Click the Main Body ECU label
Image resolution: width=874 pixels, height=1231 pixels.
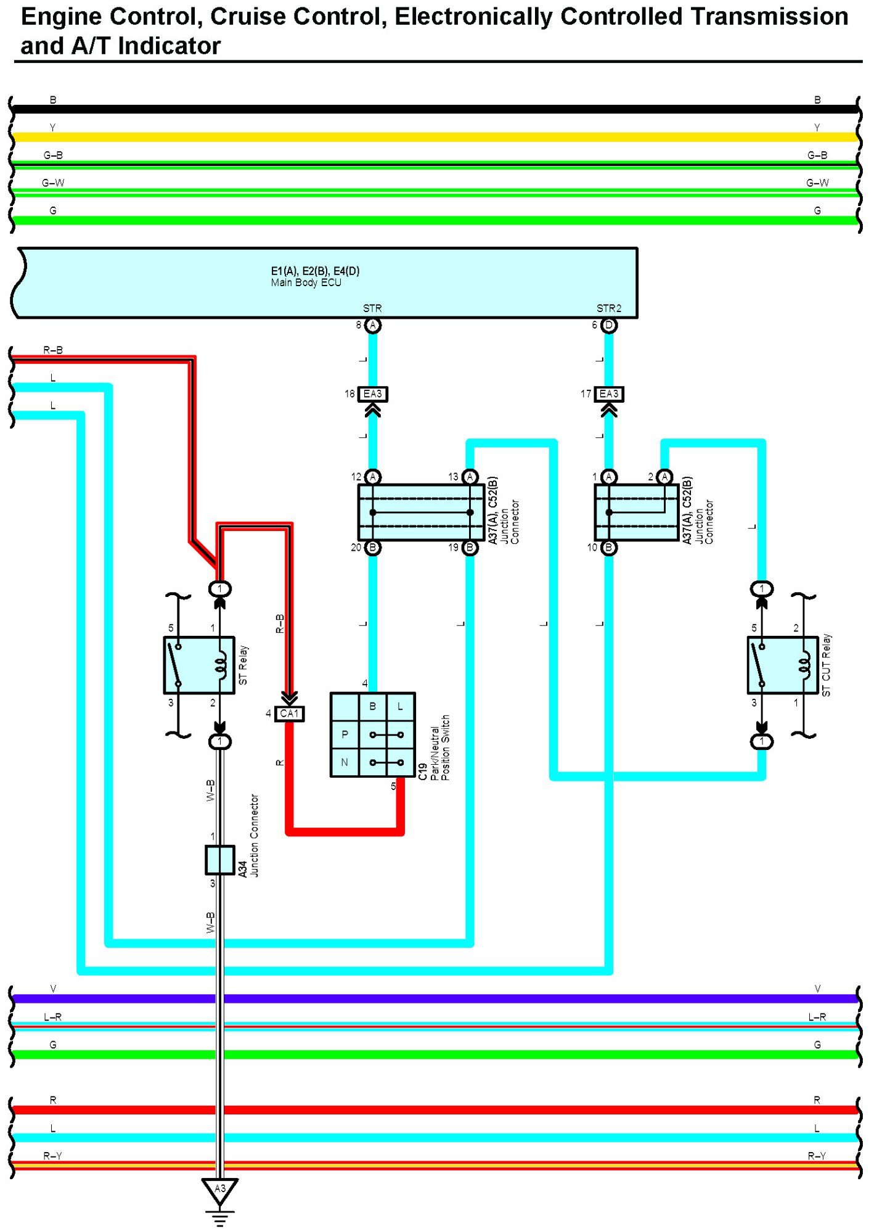pyautogui.click(x=306, y=282)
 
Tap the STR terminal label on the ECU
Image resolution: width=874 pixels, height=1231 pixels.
pyautogui.click(x=372, y=308)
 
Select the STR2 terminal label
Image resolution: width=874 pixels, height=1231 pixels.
pyautogui.click(x=609, y=308)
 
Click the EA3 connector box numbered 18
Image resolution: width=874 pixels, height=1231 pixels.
pyautogui.click(x=373, y=393)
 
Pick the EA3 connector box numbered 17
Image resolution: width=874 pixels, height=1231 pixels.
pyautogui.click(x=609, y=393)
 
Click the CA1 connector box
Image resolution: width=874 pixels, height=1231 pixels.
pyautogui.click(x=290, y=714)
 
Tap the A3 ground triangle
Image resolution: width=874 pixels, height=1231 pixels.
pyautogui.click(x=220, y=1192)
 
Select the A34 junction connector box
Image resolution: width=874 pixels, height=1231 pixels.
pyautogui.click(x=220, y=860)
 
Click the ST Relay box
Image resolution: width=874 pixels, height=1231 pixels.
pyautogui.click(x=199, y=665)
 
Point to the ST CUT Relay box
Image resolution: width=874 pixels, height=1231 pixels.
pyautogui.click(x=783, y=665)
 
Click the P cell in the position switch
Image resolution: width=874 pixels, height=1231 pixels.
pyautogui.click(x=345, y=735)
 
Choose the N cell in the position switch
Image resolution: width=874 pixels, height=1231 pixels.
pyautogui.click(x=345, y=762)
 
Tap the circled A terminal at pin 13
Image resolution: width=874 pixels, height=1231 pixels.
pyautogui.click(x=470, y=477)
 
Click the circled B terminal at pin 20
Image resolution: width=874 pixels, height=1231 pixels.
pyautogui.click(x=373, y=548)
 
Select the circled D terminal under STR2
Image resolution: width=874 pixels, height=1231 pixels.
pyautogui.click(x=609, y=325)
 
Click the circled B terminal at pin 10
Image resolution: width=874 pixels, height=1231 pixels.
pyautogui.click(x=609, y=548)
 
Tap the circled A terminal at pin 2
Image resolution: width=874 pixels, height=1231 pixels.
pyautogui.click(x=664, y=477)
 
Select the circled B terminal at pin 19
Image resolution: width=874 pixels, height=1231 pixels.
pyautogui.click(x=470, y=548)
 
